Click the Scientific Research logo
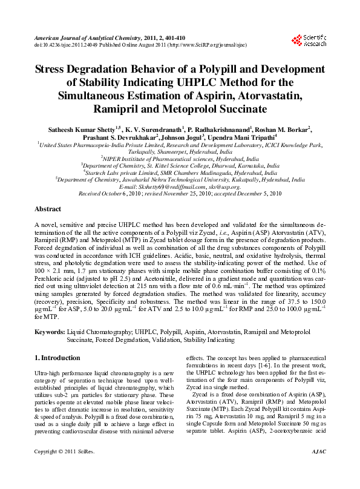pos(309,41)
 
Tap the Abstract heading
pos(48,209)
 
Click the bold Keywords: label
pos(50,333)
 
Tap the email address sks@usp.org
pos(221,187)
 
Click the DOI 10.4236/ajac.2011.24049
pos(67,45)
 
